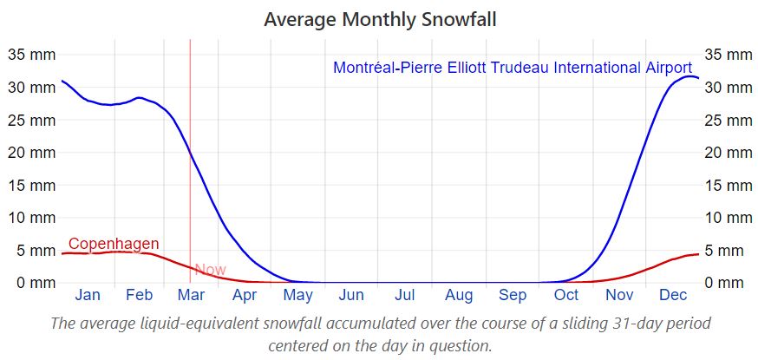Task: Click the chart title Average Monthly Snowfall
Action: pyautogui.click(x=381, y=18)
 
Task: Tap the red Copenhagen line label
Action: pyautogui.click(x=114, y=244)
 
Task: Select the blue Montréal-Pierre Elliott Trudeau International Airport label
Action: pyautogui.click(x=513, y=68)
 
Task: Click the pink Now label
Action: pyautogui.click(x=210, y=270)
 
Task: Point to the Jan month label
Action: pyautogui.click(x=88, y=295)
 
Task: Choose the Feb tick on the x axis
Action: pyautogui.click(x=139, y=295)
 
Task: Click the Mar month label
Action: pyautogui.click(x=191, y=295)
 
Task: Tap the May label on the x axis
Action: pyautogui.click(x=298, y=295)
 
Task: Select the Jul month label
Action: pyautogui.click(x=405, y=295)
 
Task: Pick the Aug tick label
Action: pyautogui.click(x=459, y=295)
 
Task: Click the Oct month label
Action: pyautogui.click(x=566, y=295)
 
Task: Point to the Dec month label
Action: pyautogui.click(x=673, y=295)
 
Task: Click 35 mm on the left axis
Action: pyautogui.click(x=30, y=55)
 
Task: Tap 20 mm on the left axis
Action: pyautogui.click(x=30, y=153)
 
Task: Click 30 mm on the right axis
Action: pyautogui.click(x=728, y=88)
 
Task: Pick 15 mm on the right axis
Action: pyautogui.click(x=728, y=185)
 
